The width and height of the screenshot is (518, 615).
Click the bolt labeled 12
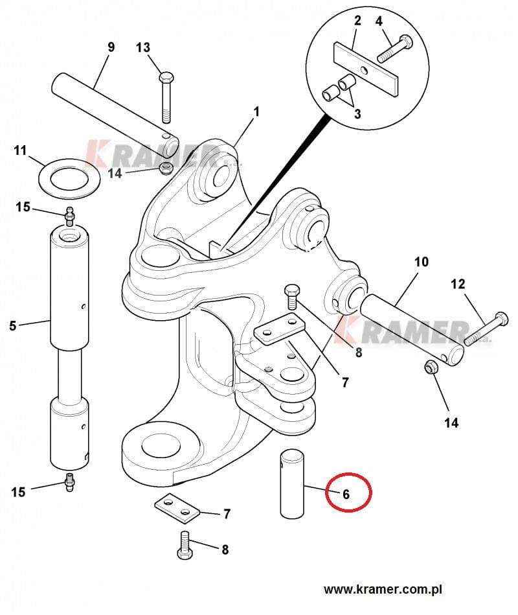click(x=486, y=328)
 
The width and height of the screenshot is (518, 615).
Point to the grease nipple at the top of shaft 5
click(x=69, y=215)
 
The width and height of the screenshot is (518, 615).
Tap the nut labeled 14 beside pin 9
click(x=166, y=170)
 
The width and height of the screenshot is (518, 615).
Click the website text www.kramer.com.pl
click(x=383, y=590)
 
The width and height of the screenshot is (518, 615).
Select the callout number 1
click(x=256, y=112)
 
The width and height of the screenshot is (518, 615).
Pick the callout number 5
click(x=13, y=326)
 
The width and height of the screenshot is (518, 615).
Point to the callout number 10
click(x=421, y=262)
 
